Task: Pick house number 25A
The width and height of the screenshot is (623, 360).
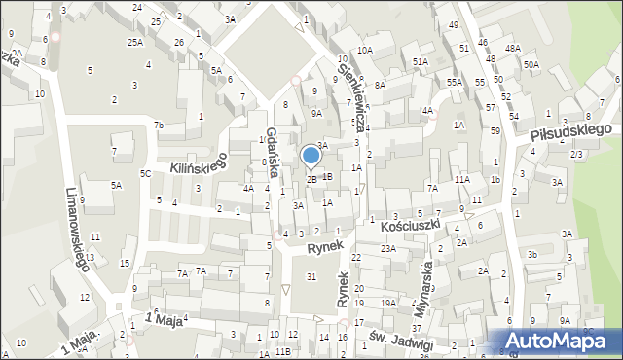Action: point(134,43)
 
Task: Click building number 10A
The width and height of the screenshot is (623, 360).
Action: point(364,50)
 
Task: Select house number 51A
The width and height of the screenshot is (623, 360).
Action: point(421,61)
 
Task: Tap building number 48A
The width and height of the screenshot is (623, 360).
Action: point(512,48)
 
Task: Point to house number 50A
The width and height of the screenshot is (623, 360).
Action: point(531,64)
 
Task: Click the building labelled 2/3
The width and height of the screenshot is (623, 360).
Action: point(576,155)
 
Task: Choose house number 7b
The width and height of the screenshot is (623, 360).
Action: point(158,126)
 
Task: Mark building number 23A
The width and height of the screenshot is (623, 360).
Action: point(388,249)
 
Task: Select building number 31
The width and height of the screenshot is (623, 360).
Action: point(311,277)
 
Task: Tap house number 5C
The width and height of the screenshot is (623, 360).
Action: point(145,173)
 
